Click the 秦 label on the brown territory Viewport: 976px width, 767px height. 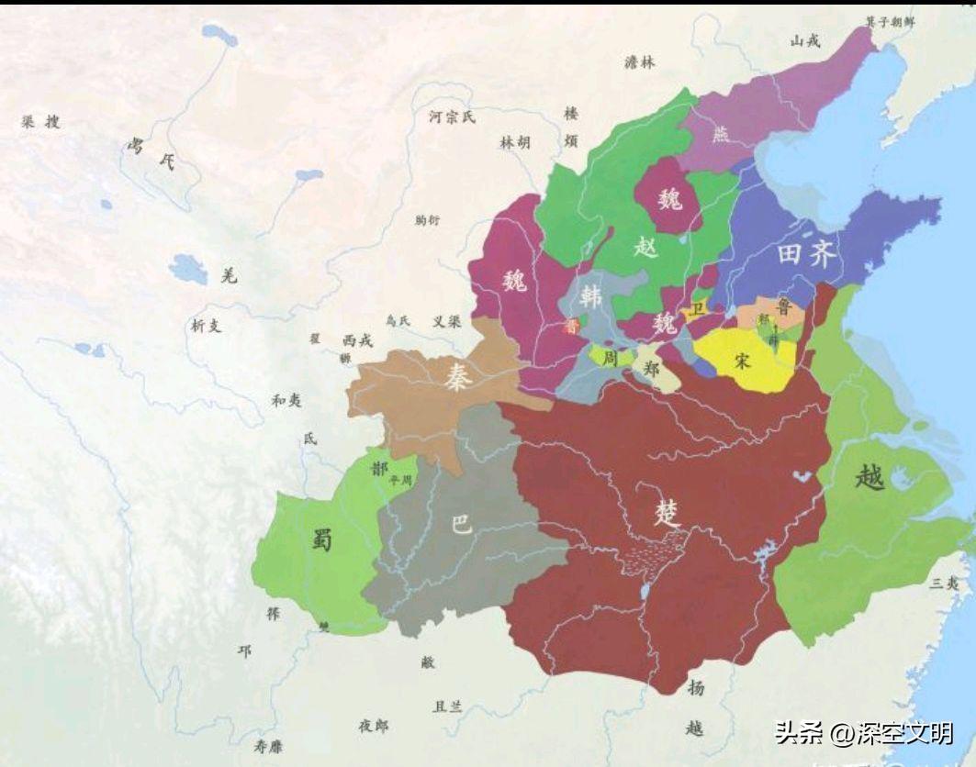[x=457, y=377]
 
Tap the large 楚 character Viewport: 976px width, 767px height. [x=667, y=512]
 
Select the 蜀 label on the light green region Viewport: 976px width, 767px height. [x=321, y=539]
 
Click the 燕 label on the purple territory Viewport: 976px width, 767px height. [x=720, y=133]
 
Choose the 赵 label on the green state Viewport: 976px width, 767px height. [x=647, y=246]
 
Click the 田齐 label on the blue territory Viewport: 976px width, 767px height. [x=807, y=254]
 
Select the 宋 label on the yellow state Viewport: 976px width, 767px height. [x=743, y=361]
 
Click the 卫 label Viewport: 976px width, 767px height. [x=698, y=309]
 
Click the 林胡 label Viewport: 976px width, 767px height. [x=514, y=143]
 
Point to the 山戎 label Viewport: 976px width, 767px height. [x=805, y=40]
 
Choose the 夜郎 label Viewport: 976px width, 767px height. [x=374, y=726]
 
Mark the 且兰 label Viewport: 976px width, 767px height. [x=448, y=706]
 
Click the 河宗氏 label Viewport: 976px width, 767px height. [x=453, y=117]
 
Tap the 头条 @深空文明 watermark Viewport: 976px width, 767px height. [x=864, y=733]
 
